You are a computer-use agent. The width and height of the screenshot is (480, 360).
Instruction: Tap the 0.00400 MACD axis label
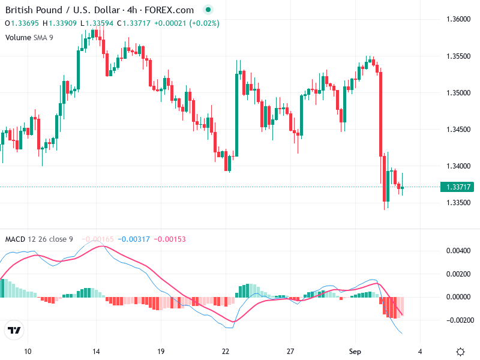[x=458, y=250]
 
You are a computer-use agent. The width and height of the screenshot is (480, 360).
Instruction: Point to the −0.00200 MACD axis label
[x=457, y=320]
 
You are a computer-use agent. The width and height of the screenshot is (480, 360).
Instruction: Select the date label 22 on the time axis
[x=226, y=351]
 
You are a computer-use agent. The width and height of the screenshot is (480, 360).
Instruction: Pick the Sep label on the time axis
[x=355, y=351]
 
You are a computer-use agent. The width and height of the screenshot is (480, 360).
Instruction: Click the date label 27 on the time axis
[x=291, y=351]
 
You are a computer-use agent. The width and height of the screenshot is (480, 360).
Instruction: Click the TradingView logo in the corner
[x=14, y=331]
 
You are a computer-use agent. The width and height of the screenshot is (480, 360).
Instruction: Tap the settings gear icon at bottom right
[x=460, y=352]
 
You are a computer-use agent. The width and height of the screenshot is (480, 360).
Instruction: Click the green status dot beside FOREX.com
[x=208, y=10]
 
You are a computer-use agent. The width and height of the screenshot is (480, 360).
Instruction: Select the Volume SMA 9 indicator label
[x=29, y=37]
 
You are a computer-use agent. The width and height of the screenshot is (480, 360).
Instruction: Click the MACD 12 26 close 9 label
[x=39, y=239]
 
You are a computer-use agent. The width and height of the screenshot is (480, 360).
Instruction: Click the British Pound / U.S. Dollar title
[x=58, y=10]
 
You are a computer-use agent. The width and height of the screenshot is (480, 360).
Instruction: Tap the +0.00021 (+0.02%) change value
[x=187, y=23]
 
